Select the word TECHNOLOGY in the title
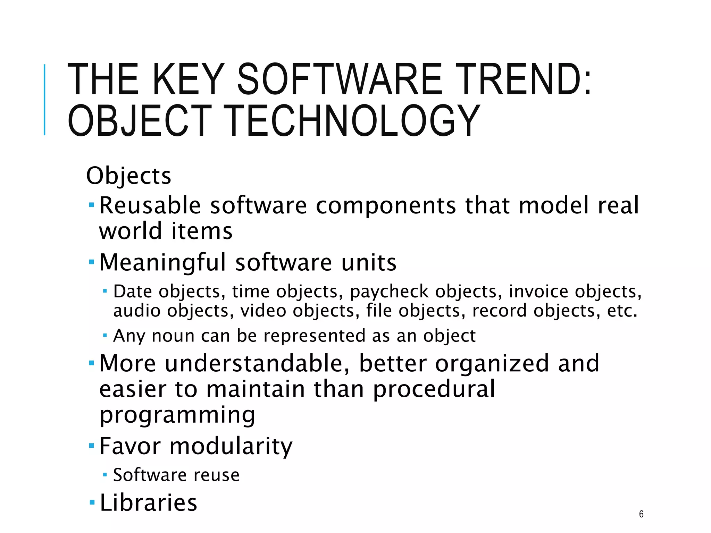(x=353, y=121)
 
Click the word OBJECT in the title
(x=139, y=121)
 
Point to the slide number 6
(x=641, y=514)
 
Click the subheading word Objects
(x=128, y=176)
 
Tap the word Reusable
(x=150, y=205)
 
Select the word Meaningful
(x=162, y=262)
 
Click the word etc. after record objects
(x=622, y=311)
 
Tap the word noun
(x=173, y=336)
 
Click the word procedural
(x=434, y=389)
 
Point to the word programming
(x=177, y=415)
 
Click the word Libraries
(x=148, y=502)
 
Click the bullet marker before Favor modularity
(x=92, y=445)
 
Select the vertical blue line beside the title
(x=44, y=100)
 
